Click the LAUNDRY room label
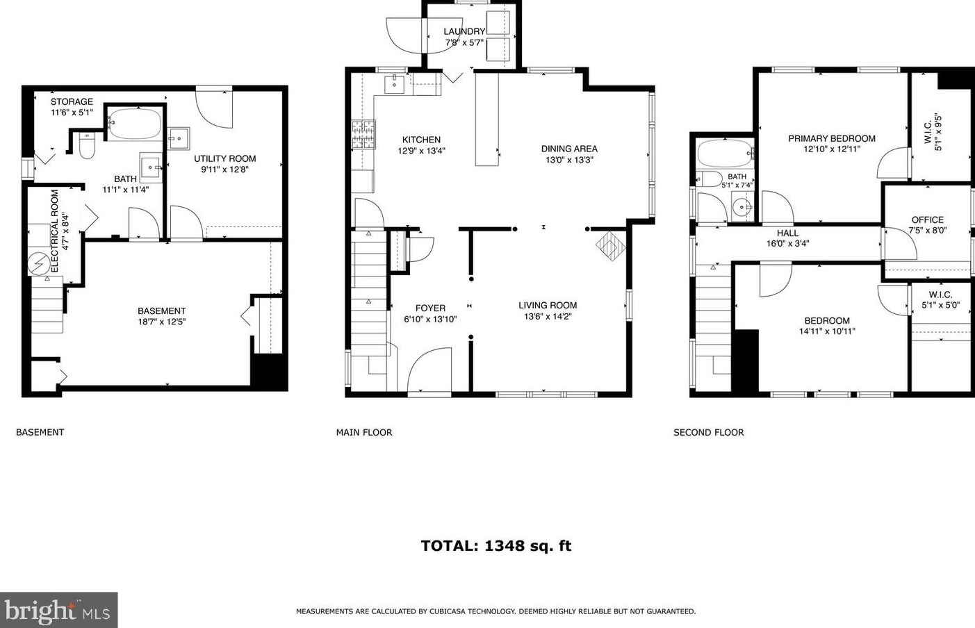(x=464, y=31)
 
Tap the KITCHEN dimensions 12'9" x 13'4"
(x=421, y=151)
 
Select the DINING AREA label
(x=569, y=149)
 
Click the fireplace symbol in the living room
(x=611, y=245)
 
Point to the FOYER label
(x=430, y=308)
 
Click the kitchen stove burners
(x=363, y=135)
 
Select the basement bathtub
(x=135, y=124)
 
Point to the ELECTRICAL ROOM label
(x=55, y=230)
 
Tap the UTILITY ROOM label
(x=224, y=158)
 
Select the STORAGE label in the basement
(x=72, y=101)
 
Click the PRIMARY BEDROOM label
(x=831, y=138)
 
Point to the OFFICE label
(x=927, y=220)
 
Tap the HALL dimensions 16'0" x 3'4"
(x=787, y=244)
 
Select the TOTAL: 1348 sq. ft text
(x=495, y=545)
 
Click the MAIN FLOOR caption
(x=363, y=432)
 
